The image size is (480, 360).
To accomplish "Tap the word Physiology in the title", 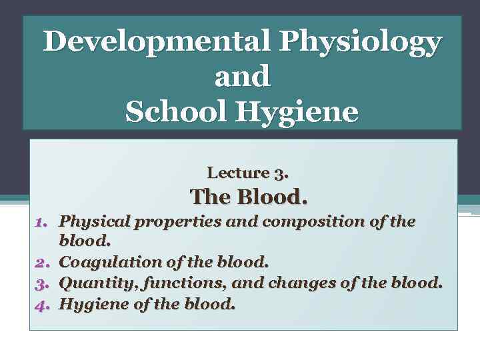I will coord(360,43).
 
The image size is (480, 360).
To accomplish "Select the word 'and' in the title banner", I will coord(242,77).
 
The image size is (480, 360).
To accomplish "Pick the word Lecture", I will coord(237,173).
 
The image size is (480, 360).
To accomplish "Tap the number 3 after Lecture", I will coord(280,173).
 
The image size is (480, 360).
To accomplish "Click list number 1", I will coord(43,221).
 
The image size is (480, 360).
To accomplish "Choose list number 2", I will coord(43,263).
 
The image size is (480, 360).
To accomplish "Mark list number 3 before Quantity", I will coord(43,283).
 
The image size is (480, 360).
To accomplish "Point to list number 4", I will coord(43,305).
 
